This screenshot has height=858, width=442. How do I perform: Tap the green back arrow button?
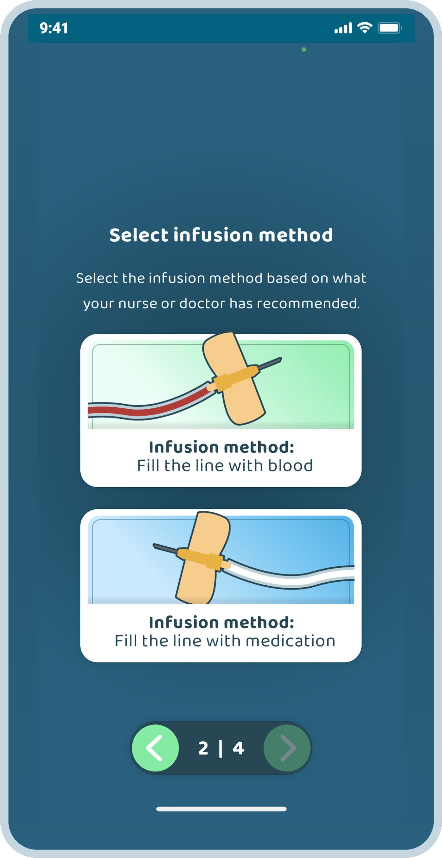point(155,748)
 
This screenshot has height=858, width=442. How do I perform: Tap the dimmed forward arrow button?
point(287,748)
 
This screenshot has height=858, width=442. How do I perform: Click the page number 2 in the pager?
point(203,748)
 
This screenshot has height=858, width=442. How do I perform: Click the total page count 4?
point(238,748)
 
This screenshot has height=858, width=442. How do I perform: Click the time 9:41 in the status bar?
point(54,28)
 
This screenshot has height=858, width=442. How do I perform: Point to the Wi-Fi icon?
point(365,28)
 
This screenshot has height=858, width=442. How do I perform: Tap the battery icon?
point(390,28)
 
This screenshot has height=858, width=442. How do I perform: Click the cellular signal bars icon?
point(343,28)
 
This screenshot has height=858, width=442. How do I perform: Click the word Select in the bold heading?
point(139,235)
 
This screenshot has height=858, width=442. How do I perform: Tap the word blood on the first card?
point(290,465)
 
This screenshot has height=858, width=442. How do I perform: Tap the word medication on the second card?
point(290,641)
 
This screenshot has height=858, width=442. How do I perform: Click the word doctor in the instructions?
point(202,303)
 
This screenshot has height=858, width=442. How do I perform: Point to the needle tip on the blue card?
point(154,545)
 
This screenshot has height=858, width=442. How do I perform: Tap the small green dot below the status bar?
point(304,50)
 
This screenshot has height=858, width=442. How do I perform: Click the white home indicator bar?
point(221,809)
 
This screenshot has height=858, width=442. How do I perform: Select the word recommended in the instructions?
point(308,303)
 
